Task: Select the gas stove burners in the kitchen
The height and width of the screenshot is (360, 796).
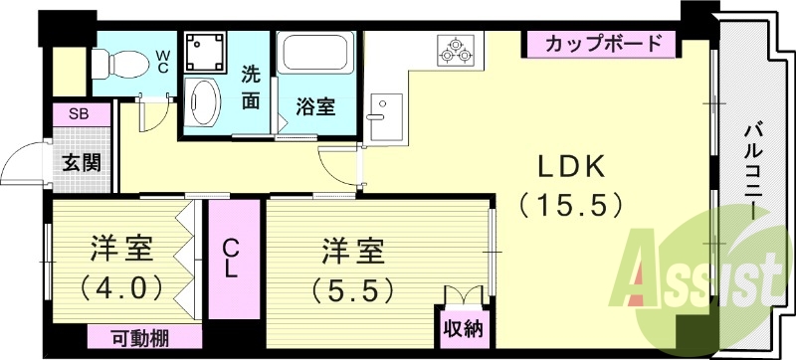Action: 457,50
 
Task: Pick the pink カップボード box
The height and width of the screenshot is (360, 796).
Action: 602,44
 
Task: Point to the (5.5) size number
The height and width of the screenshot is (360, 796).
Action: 352,289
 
